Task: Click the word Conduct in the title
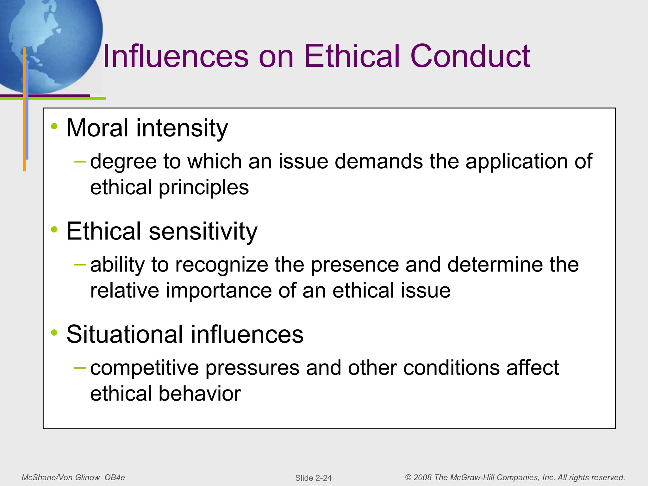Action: pos(470,56)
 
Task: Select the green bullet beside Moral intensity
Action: pos(54,127)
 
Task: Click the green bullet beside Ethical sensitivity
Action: pos(54,230)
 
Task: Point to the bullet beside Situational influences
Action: pos(54,333)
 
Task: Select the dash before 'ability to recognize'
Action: pos(80,265)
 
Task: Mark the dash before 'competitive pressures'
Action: pos(80,368)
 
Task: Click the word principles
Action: pos(204,187)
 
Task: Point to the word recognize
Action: pos(221,265)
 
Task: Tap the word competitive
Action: pos(144,368)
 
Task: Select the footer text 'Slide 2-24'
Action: pos(313,478)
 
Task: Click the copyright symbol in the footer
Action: pos(408,477)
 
